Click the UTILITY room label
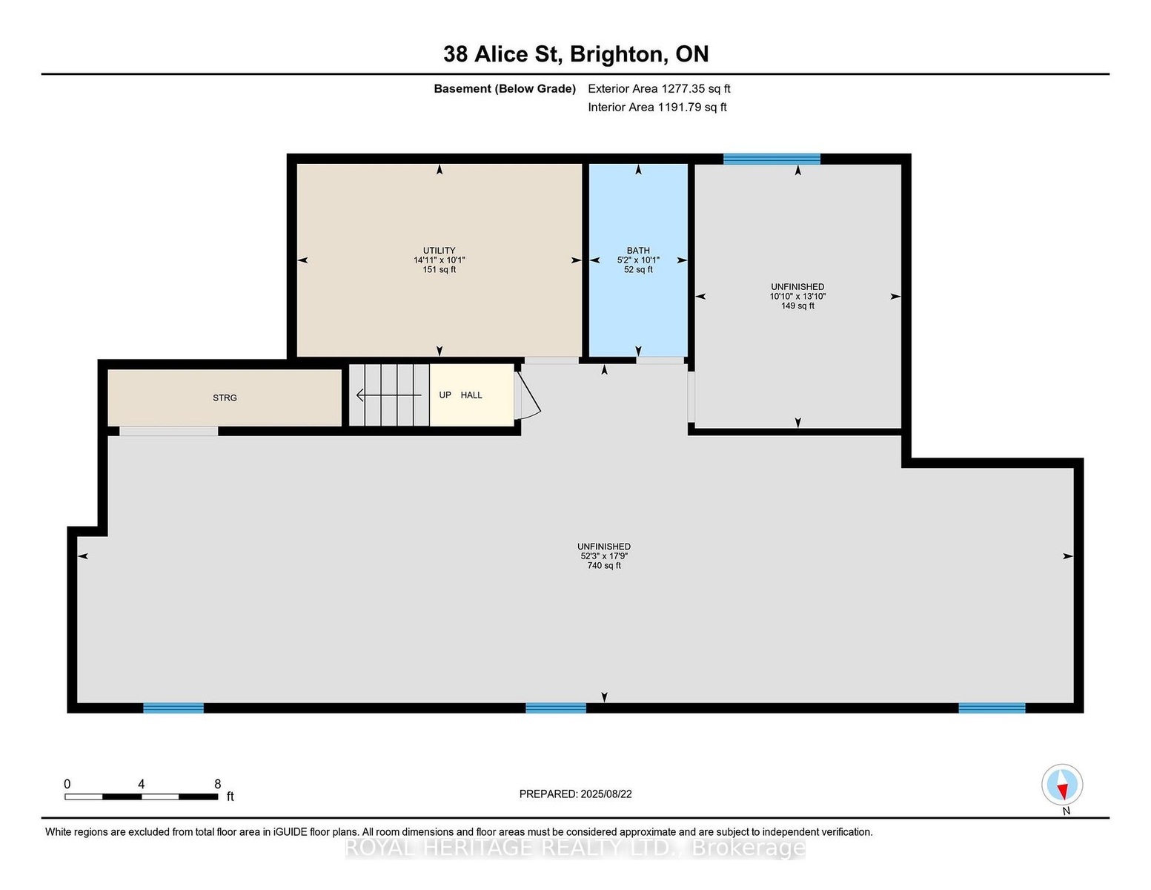coord(439,250)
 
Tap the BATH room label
coord(637,250)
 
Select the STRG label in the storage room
coord(225,398)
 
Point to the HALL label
coord(471,395)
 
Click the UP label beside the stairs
coord(445,395)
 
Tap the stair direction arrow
coord(389,395)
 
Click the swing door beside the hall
coord(528,395)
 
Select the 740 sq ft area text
coord(604,566)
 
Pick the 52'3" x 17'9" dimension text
coord(604,556)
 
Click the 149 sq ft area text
coord(797,306)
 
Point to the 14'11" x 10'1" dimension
coord(439,260)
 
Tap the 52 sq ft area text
coord(637,269)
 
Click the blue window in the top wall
coord(772,159)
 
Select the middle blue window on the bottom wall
coord(555,708)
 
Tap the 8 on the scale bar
coord(217,784)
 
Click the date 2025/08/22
coord(606,794)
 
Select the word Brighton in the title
coord(616,54)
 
